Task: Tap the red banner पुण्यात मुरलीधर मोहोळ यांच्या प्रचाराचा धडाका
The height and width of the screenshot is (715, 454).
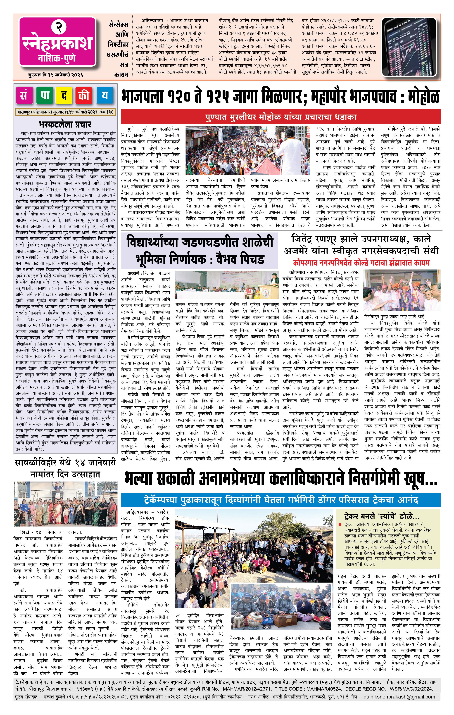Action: point(281,117)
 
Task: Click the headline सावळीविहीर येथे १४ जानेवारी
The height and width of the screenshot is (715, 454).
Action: point(65,462)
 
